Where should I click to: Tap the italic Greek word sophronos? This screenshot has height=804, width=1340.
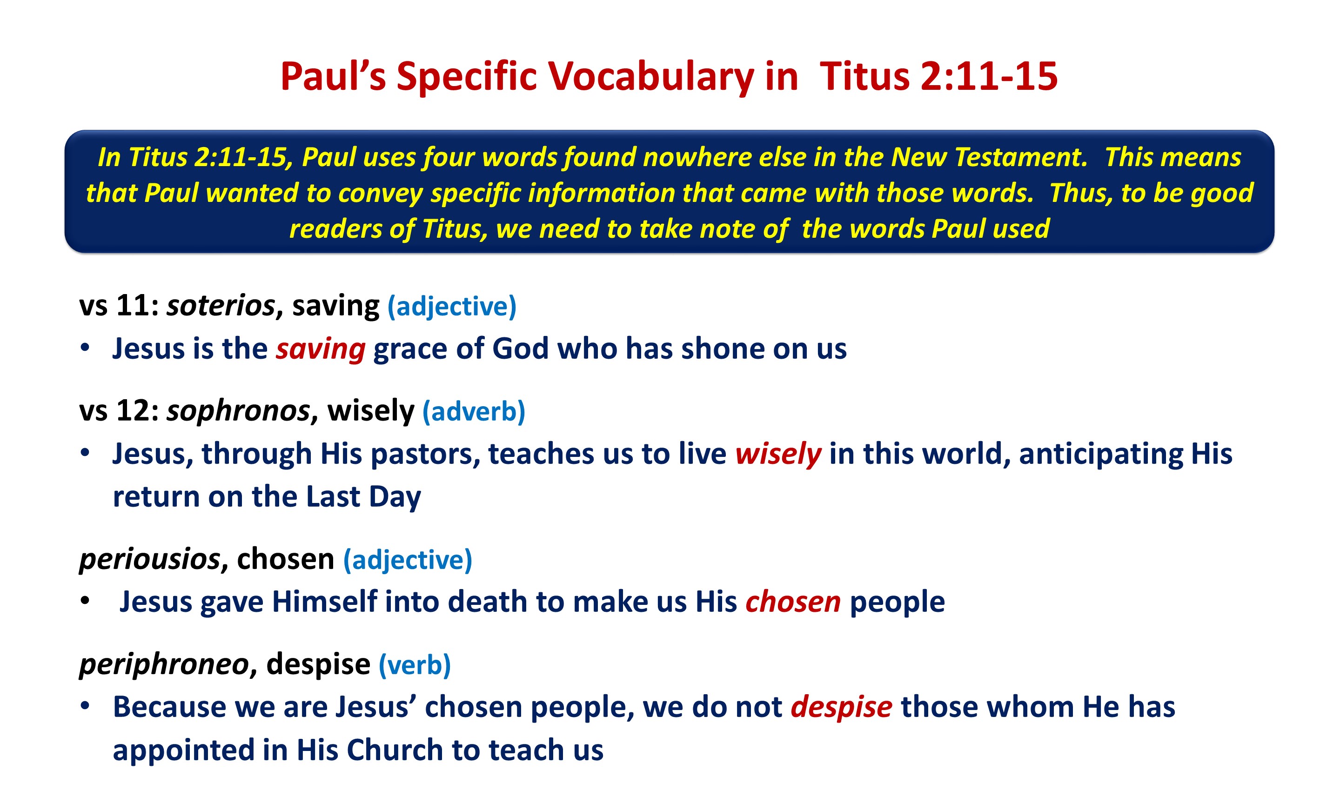tap(238, 411)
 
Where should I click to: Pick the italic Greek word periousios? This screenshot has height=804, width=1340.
tap(150, 559)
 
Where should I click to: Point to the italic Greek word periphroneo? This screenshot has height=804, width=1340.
tap(164, 664)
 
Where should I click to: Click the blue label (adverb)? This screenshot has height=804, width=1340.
tap(473, 412)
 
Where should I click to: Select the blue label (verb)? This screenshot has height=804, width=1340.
tap(415, 665)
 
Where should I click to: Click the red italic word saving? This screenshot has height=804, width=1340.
tap(321, 349)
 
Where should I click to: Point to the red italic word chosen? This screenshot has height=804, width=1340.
tap(793, 602)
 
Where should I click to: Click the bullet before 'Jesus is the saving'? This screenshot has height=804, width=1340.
tap(85, 348)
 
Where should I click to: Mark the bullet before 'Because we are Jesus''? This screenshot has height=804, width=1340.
tap(85, 706)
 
